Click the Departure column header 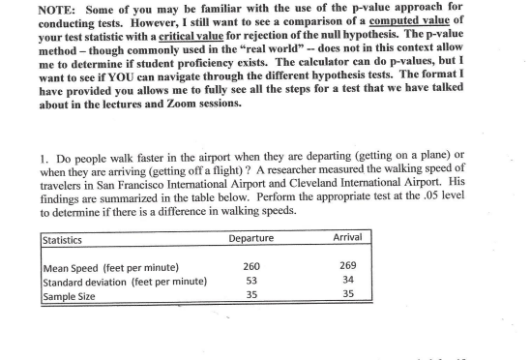click(x=250, y=238)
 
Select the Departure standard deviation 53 click(x=250, y=281)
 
